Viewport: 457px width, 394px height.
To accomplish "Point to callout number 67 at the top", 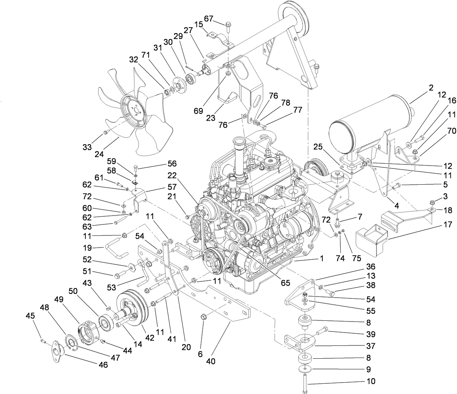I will [209, 18].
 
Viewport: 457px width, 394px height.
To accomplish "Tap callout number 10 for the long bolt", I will [371, 381].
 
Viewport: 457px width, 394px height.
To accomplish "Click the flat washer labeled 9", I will [304, 368].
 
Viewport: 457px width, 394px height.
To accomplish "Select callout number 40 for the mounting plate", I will [210, 361].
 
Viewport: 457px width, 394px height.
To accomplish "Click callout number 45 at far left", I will [30, 316].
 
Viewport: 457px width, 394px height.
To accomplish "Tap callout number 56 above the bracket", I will [172, 164].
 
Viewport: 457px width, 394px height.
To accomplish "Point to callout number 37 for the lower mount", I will [371, 346].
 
